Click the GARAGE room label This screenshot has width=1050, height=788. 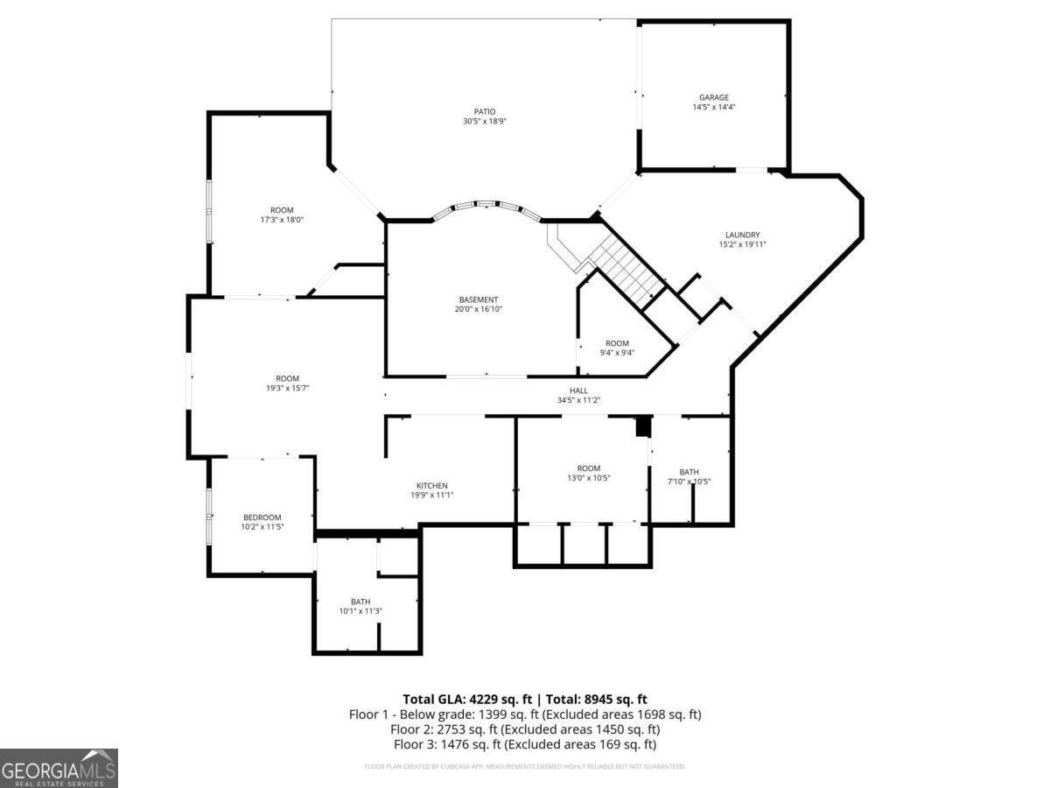coord(713,97)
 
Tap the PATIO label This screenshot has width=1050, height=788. coord(485,111)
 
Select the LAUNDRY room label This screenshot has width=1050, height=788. coord(742,235)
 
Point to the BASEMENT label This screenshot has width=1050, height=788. coord(479,299)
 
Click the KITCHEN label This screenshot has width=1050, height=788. coord(431,486)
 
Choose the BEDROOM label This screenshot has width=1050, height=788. coord(262,517)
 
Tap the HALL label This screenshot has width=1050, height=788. coord(578,390)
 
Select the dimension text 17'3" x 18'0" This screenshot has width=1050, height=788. coord(282,220)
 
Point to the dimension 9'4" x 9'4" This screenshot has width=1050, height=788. coord(617,353)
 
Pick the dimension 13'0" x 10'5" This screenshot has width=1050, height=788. coord(588,478)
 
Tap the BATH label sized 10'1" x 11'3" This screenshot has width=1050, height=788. coord(360,602)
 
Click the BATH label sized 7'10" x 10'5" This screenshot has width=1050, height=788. coord(689,472)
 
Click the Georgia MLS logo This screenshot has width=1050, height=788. coord(59,768)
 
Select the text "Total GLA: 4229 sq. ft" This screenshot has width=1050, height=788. coord(467,699)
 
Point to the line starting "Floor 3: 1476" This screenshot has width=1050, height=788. coord(525,744)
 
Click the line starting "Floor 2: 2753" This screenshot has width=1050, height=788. coord(525,729)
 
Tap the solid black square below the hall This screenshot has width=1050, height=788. coord(643,426)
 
